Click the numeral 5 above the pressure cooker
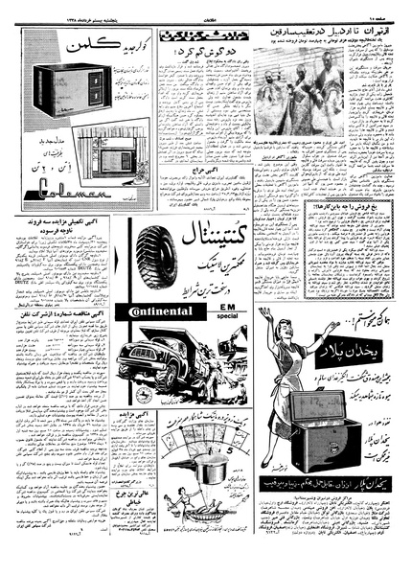click(202, 449)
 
